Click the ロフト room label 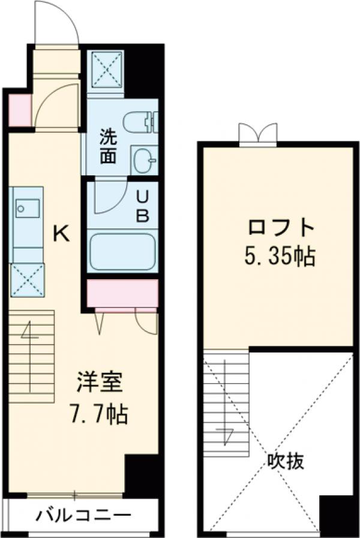click(281, 228)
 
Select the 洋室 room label click(100, 383)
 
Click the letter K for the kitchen click(61, 233)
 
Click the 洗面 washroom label click(108, 147)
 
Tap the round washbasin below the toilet click(143, 160)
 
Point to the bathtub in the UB click(122, 251)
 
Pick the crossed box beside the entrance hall click(106, 71)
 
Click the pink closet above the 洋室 click(122, 292)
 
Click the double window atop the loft click(258, 134)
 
